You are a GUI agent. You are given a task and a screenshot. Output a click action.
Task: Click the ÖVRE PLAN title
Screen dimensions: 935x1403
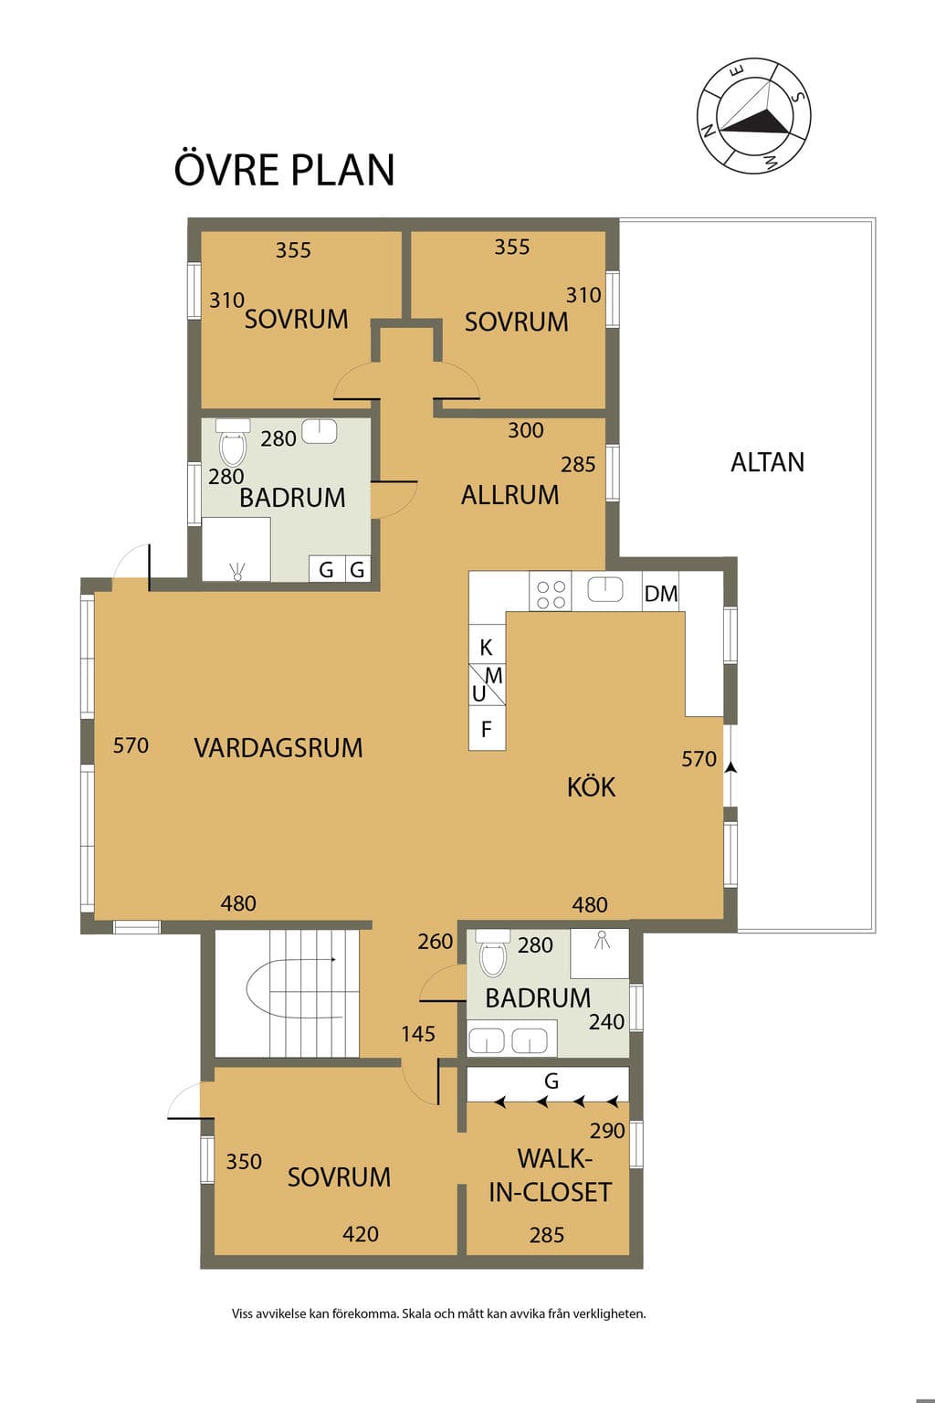[284, 168]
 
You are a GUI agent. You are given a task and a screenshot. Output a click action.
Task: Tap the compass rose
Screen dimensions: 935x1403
[754, 116]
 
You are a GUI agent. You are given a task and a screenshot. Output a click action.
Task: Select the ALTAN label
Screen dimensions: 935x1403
[767, 462]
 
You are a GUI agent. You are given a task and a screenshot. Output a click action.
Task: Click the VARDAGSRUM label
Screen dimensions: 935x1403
[278, 748]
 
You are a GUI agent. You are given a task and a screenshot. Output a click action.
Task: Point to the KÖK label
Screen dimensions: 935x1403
[591, 786]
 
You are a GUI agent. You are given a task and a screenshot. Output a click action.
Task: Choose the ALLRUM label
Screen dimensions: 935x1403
[510, 495]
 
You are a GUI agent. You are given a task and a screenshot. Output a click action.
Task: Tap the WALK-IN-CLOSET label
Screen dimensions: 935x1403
[551, 1176]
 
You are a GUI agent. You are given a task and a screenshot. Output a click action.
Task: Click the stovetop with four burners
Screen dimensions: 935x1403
[551, 591]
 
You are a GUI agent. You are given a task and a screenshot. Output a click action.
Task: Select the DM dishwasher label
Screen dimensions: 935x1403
[661, 593]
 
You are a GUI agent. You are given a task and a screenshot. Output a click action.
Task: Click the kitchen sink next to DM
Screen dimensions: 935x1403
[605, 589]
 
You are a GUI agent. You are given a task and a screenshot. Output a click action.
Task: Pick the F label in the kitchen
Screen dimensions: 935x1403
[486, 730]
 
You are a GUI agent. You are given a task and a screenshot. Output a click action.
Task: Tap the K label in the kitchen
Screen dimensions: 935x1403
[486, 648]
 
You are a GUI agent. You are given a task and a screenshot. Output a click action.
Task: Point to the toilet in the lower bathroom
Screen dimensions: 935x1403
[493, 955]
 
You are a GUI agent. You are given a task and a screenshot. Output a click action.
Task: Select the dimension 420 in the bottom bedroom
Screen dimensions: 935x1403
[361, 1234]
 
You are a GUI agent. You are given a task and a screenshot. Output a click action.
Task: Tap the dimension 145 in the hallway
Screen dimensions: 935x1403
[417, 1034]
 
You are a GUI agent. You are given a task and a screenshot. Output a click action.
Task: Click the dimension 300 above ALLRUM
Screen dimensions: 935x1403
[525, 430]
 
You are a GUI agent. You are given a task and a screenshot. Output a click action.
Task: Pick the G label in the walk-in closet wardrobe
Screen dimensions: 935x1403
[552, 1081]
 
